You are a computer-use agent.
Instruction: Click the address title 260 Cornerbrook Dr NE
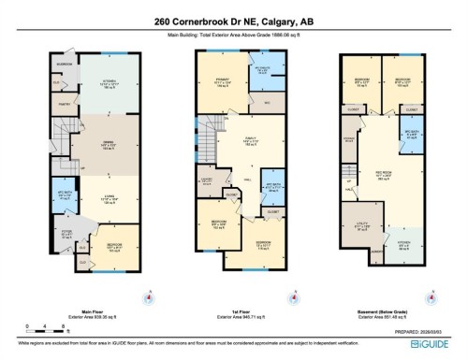click(233, 22)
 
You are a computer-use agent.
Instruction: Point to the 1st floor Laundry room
click(207, 180)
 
